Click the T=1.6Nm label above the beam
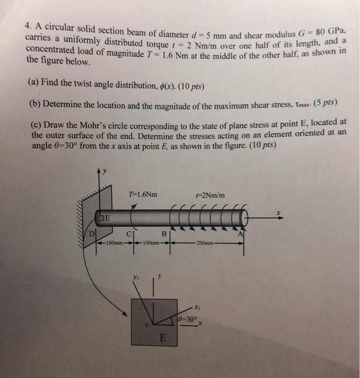pos(143,194)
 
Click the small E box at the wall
pos(104,219)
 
